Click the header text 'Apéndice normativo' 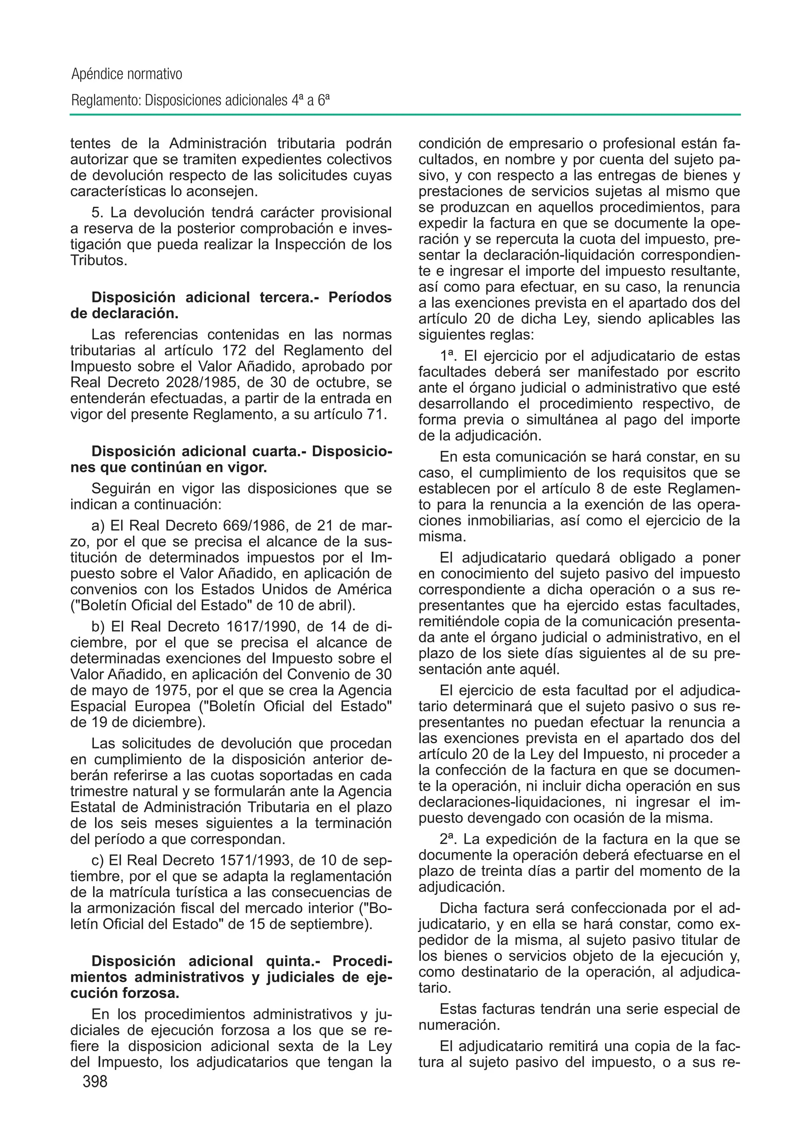(x=127, y=75)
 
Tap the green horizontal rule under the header (x=404, y=115)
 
